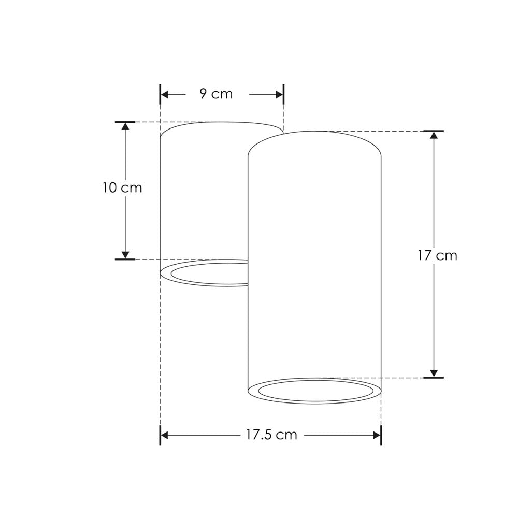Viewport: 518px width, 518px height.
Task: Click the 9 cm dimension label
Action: tap(216, 94)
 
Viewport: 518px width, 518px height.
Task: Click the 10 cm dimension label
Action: tap(122, 188)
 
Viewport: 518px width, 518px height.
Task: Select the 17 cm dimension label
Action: tap(438, 255)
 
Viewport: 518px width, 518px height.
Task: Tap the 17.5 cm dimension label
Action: tap(271, 435)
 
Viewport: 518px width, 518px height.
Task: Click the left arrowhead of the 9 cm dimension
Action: tap(165, 94)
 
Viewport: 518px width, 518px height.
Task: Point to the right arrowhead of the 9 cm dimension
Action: tap(279, 94)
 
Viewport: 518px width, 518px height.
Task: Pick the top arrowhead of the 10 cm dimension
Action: tap(125, 126)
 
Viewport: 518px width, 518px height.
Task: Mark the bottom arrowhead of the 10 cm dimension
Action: tap(125, 254)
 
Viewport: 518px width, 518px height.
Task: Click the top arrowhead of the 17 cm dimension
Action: tap(434, 135)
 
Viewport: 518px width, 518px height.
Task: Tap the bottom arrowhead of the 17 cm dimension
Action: tap(434, 373)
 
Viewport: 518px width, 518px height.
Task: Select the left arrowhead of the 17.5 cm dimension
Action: tap(165, 435)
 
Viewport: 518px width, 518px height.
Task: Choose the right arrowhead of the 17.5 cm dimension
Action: tap(377, 435)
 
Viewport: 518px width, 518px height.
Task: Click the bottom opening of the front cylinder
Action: tap(315, 391)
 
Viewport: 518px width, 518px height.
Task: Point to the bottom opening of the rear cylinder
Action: tap(207, 273)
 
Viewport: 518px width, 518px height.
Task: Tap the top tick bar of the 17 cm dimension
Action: tap(434, 131)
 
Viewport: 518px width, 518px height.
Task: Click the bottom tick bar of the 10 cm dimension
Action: tap(125, 259)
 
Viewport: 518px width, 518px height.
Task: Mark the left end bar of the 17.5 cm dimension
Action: tap(160, 435)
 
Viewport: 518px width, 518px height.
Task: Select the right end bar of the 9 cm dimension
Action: tap(283, 94)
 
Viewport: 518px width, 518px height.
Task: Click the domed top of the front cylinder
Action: tap(314, 142)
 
